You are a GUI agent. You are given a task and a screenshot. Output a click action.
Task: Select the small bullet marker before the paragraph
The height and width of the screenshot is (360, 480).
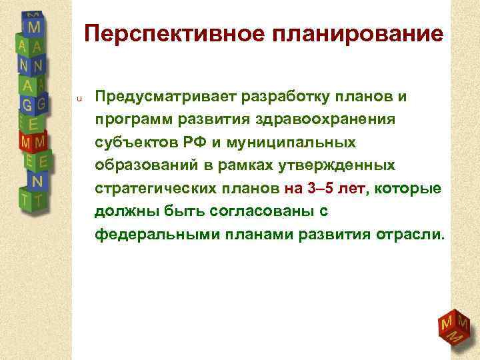[x=78, y=99]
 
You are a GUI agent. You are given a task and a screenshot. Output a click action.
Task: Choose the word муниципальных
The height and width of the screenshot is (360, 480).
[x=289, y=143]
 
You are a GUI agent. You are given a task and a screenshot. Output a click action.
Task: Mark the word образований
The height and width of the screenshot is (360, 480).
[x=141, y=165]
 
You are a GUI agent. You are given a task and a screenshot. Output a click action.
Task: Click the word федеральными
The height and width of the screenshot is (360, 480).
[x=153, y=235]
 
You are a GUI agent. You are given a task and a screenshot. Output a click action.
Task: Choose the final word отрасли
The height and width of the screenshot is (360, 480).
[x=414, y=235]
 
